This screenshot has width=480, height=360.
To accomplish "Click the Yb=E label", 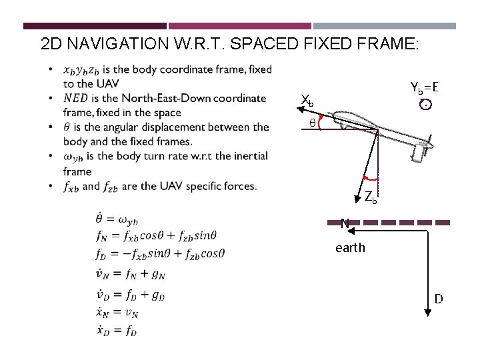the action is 424,87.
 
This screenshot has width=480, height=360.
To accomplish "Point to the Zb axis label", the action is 371,197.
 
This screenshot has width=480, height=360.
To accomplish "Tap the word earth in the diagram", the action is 350,248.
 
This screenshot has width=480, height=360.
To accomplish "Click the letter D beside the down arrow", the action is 439,299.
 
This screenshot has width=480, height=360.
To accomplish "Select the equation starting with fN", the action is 157,235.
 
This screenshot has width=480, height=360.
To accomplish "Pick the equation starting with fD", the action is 161,253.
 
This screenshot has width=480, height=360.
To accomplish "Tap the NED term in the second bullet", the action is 75,99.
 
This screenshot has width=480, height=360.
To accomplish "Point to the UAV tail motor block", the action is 419,153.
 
